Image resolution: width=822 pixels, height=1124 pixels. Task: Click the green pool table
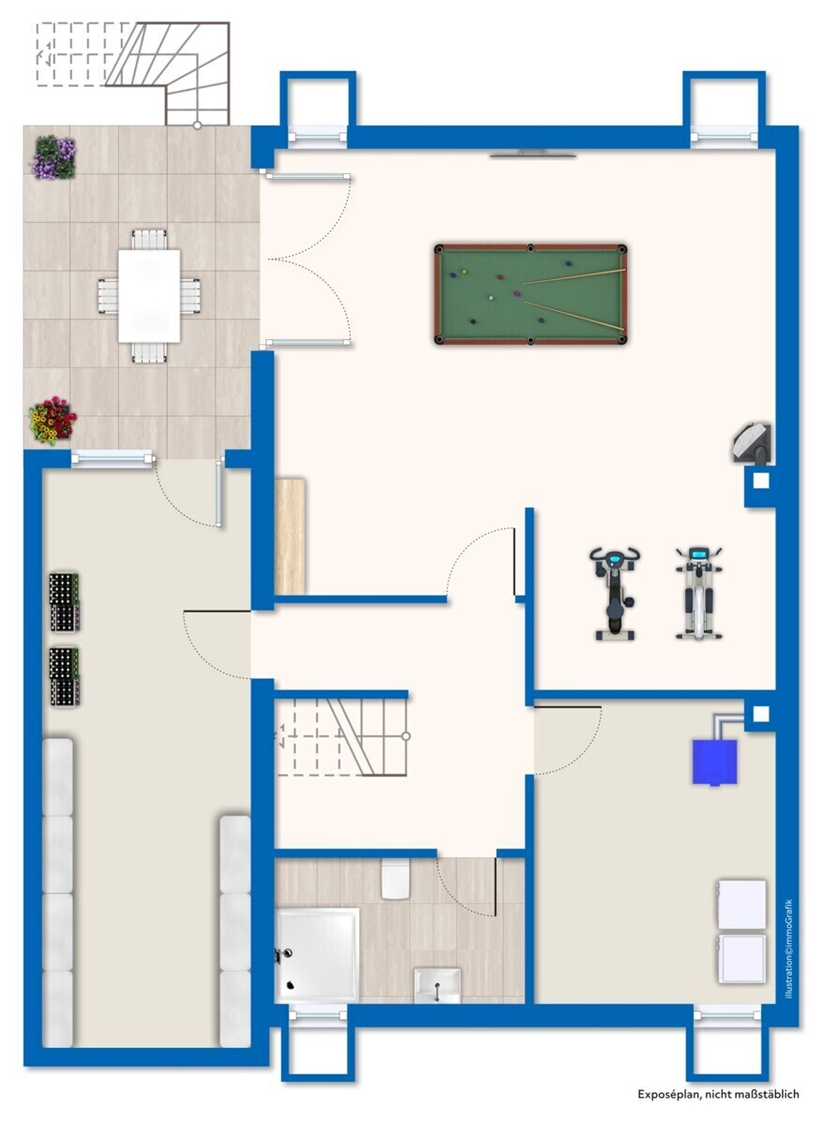531,294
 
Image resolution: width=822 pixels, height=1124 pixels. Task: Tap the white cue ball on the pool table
491,298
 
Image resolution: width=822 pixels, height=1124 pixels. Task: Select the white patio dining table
149,296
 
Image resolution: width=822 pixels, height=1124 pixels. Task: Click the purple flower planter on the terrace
54,157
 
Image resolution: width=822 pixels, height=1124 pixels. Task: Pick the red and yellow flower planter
52,421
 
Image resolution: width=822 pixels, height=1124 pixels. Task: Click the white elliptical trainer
698,593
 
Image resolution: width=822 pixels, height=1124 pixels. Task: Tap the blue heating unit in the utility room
714,762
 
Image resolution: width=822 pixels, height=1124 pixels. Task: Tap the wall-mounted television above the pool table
532,154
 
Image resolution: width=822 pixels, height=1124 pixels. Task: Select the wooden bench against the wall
291,537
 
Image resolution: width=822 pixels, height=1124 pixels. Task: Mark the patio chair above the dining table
149,240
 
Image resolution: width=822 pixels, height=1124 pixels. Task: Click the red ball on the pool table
501,276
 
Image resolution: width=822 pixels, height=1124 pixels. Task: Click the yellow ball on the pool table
464,272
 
